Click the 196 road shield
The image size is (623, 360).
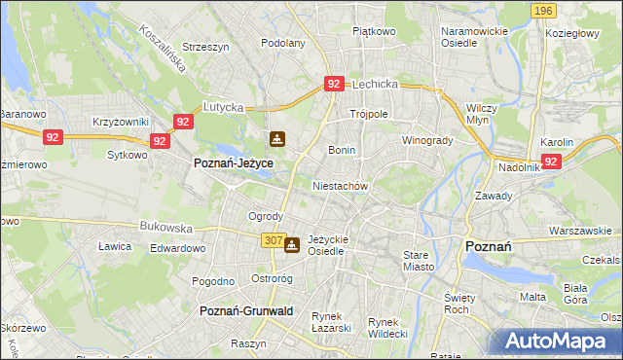pos(544,11)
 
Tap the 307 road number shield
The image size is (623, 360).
pos(273,239)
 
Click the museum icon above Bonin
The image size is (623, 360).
pos(277,139)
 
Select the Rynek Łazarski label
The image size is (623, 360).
pos(331,322)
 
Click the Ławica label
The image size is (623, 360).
pos(114,247)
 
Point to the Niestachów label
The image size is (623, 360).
pos(340,185)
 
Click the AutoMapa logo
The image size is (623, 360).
pos(560,342)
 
